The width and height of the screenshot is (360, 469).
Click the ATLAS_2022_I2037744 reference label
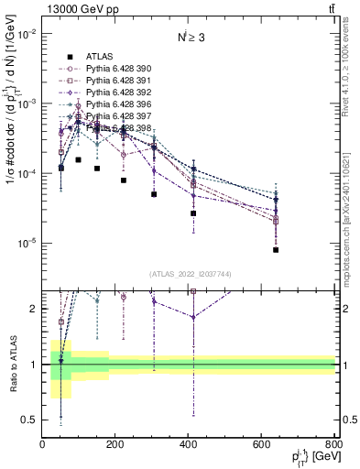190,274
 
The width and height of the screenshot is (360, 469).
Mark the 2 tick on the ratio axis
34,309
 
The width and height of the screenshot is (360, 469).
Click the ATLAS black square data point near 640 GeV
276,250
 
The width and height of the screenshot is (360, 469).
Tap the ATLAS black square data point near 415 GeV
193,213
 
